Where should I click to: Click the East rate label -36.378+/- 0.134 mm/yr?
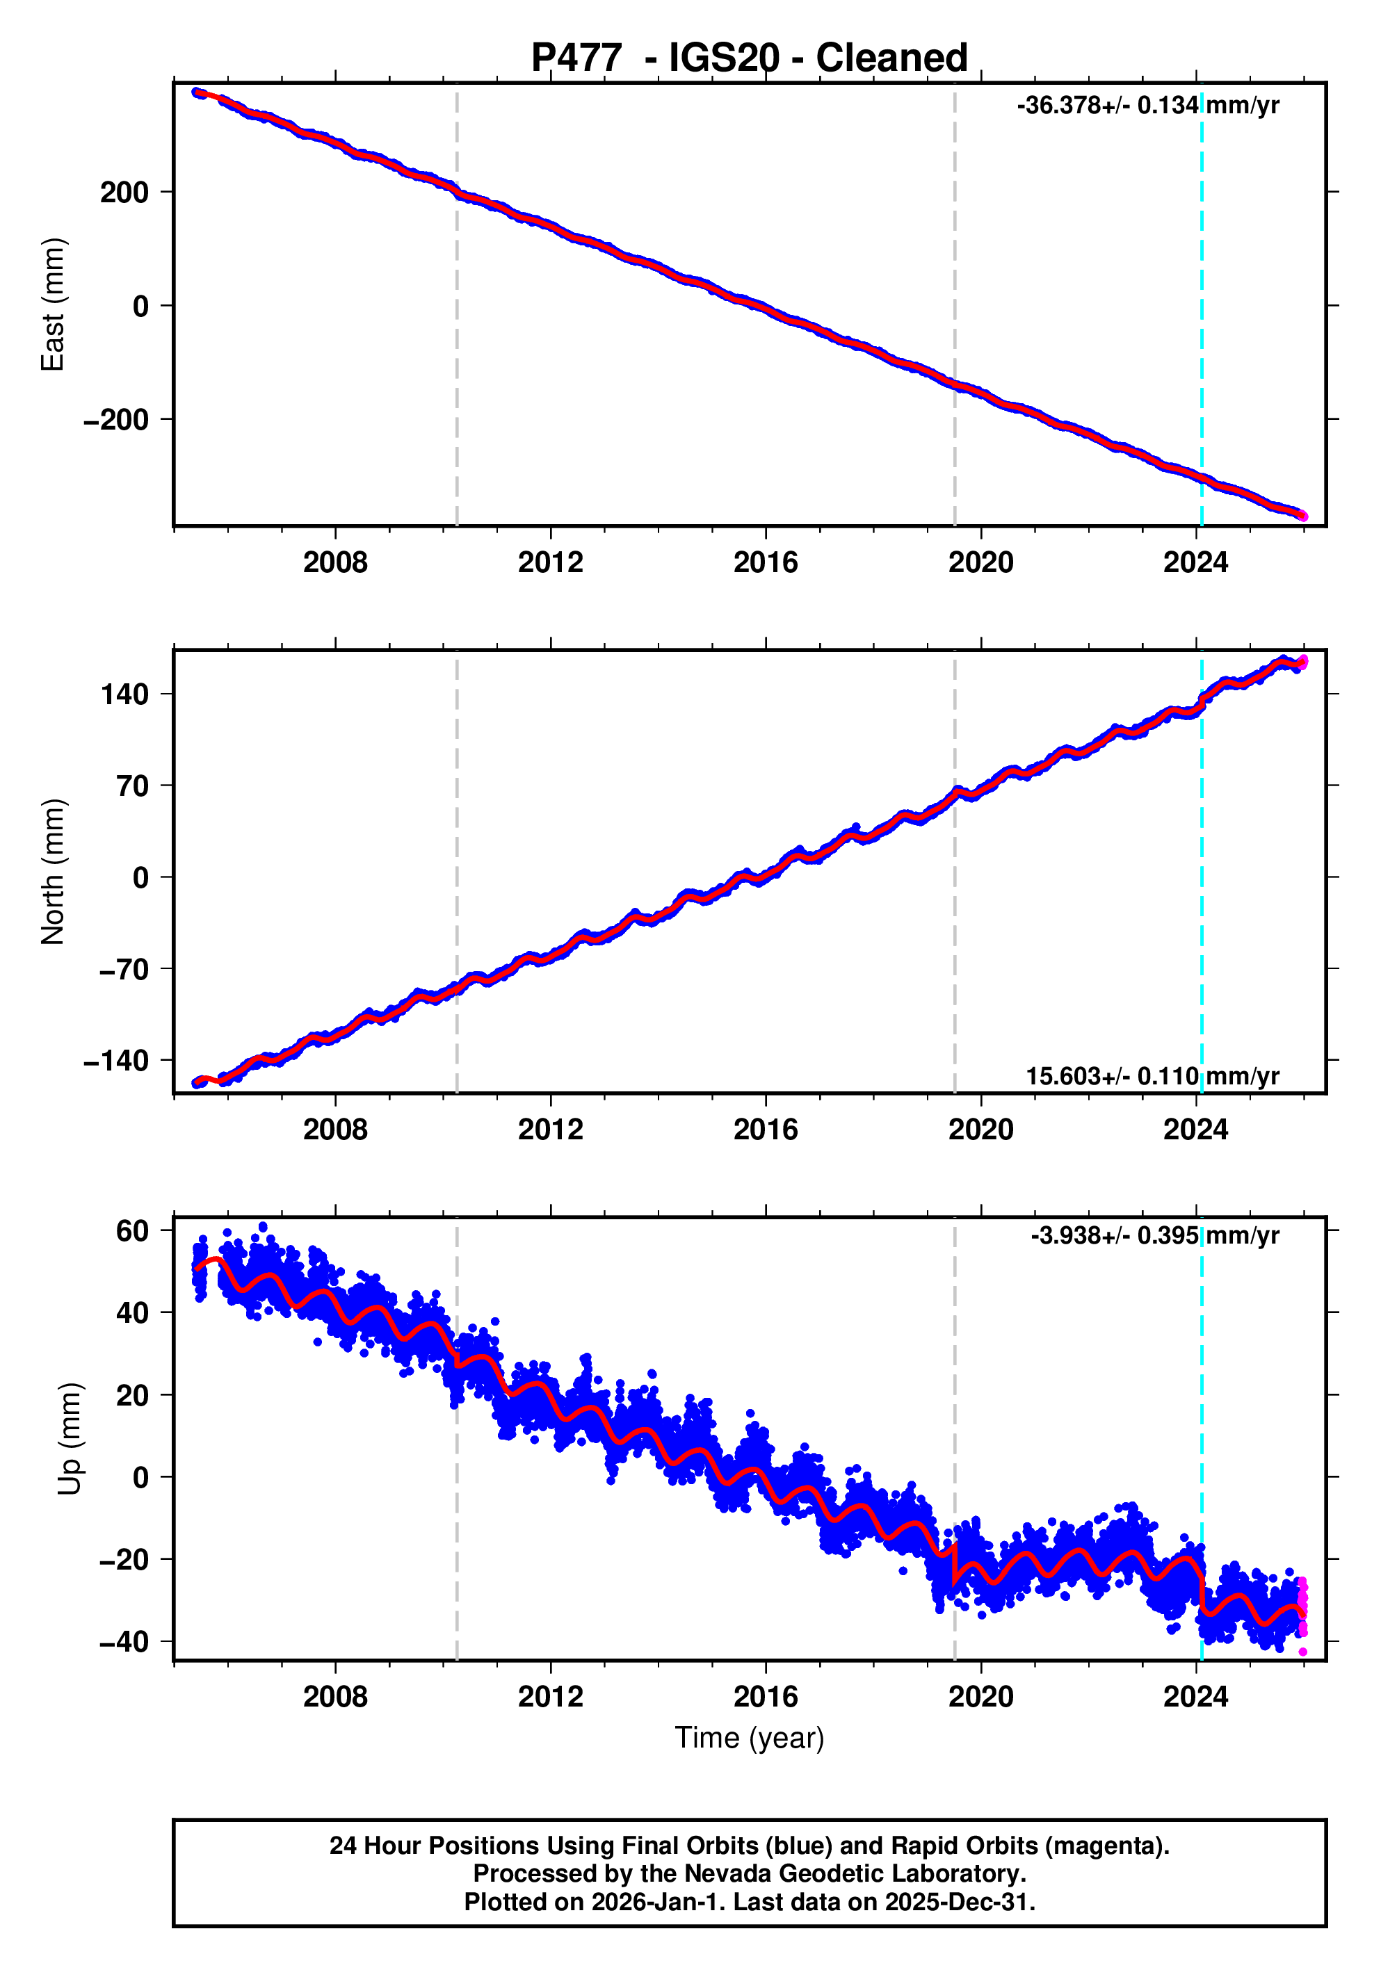[x=1147, y=106]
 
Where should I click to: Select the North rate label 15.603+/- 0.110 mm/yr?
[x=1152, y=1076]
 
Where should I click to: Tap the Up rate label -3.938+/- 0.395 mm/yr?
[x=1154, y=1235]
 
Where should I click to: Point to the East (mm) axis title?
[x=54, y=304]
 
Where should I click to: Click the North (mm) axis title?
[x=54, y=872]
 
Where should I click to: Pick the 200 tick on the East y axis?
[x=124, y=192]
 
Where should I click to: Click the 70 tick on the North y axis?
[x=133, y=786]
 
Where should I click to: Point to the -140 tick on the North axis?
[x=116, y=1061]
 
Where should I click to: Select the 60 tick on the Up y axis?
[x=132, y=1231]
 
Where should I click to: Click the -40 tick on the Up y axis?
[x=124, y=1642]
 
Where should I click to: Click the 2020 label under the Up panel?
[x=980, y=1697]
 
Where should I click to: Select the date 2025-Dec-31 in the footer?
[x=958, y=1901]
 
